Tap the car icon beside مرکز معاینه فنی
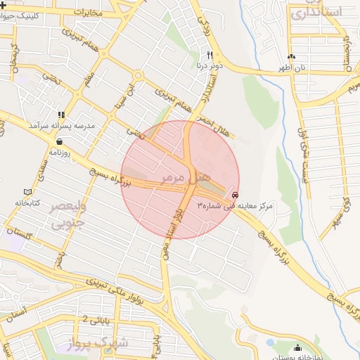234,195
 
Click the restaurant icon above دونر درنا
210,54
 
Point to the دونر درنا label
210,65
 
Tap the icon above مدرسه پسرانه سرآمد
61,114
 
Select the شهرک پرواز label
98,342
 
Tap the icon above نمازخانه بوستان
297,347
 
